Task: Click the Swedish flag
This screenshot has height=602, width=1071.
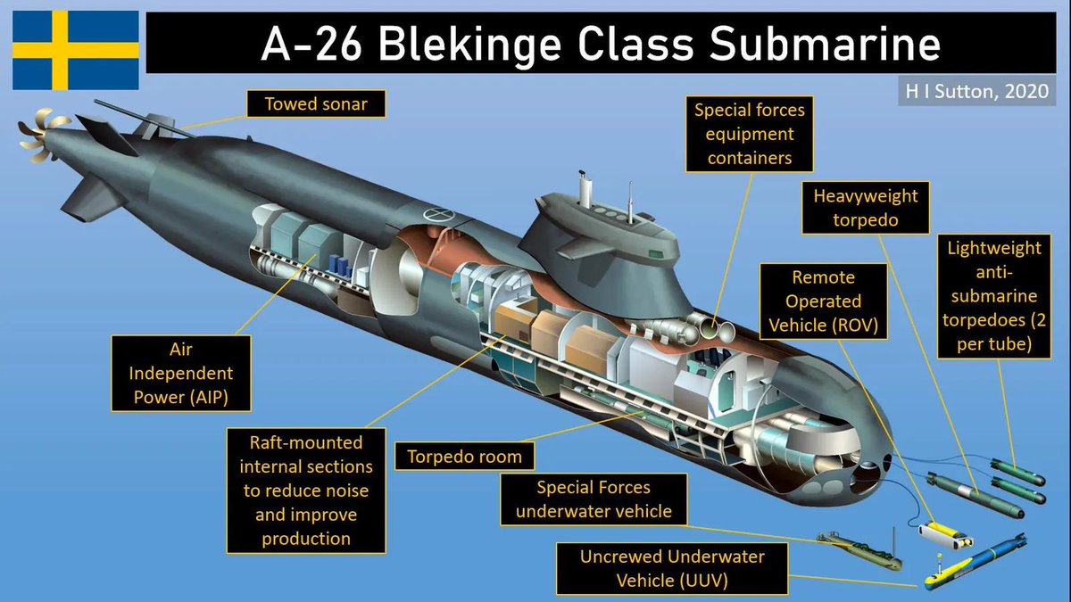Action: [75, 50]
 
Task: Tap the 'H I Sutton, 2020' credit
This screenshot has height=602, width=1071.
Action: [976, 90]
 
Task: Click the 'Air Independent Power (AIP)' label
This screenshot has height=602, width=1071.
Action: [180, 373]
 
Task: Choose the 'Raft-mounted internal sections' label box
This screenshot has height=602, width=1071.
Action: [306, 491]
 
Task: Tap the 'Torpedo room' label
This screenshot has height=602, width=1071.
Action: [464, 458]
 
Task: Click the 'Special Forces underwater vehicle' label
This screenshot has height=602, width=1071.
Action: [594, 499]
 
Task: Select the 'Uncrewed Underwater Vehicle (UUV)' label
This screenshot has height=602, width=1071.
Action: [672, 568]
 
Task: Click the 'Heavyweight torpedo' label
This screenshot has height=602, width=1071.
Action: [865, 208]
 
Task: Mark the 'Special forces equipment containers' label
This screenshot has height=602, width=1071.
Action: [749, 134]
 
